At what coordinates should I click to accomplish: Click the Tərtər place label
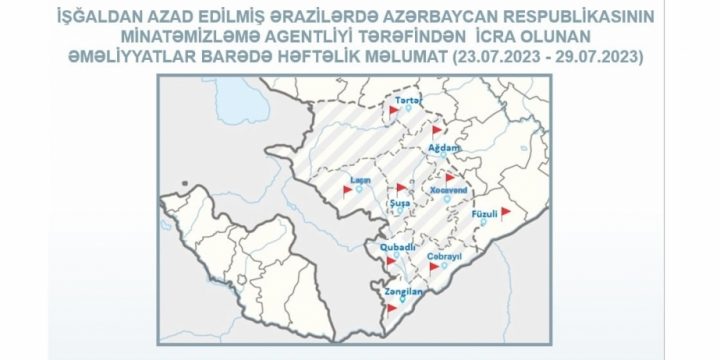[405, 101]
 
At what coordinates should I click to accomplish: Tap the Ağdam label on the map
[443, 147]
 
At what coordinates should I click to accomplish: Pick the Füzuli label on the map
[484, 213]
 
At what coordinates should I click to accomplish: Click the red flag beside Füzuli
[506, 211]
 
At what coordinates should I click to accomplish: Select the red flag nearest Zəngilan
[391, 308]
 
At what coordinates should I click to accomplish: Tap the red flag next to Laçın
[347, 190]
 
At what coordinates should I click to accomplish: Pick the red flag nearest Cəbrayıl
[433, 267]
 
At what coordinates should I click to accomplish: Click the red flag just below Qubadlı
[388, 261]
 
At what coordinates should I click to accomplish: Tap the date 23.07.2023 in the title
[490, 56]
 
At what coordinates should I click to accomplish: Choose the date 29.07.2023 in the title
[592, 56]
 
